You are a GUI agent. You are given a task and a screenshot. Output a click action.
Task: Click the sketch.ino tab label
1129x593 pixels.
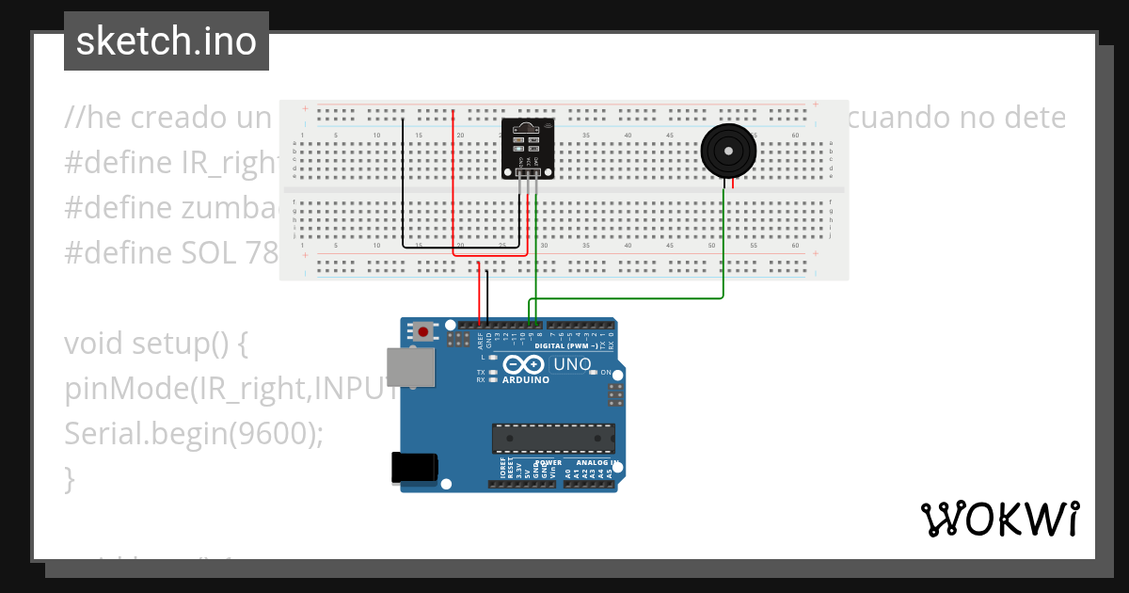(x=166, y=41)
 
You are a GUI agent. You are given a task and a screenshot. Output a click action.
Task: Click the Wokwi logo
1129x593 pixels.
(x=999, y=520)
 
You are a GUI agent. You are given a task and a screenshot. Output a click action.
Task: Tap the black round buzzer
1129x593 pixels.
(x=727, y=151)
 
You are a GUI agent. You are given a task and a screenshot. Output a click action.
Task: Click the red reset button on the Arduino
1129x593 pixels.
(x=424, y=331)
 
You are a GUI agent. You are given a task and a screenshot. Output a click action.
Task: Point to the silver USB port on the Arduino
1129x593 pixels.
(x=411, y=367)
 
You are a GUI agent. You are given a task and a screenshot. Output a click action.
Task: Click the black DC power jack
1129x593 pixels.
(x=414, y=468)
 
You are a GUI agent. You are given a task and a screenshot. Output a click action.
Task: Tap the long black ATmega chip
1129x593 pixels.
(x=553, y=438)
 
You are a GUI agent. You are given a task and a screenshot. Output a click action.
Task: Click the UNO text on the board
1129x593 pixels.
(x=571, y=364)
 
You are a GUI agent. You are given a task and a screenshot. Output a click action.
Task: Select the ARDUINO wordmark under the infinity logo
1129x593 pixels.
(x=525, y=380)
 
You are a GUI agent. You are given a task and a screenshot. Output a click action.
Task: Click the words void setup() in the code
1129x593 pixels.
(x=155, y=344)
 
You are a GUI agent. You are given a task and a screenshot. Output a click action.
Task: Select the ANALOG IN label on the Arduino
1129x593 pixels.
(x=596, y=463)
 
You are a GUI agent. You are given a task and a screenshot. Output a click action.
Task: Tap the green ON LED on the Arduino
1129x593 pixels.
(x=593, y=372)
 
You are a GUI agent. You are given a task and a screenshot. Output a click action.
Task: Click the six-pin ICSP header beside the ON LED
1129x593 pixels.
(x=616, y=393)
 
